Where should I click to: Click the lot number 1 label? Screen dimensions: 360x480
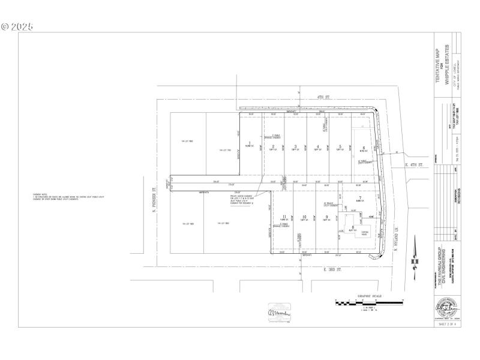click(249, 143)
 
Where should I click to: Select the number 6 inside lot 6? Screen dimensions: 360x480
click(363, 146)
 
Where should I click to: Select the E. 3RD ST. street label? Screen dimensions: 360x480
click(333, 270)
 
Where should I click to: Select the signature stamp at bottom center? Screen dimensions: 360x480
click(277, 311)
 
